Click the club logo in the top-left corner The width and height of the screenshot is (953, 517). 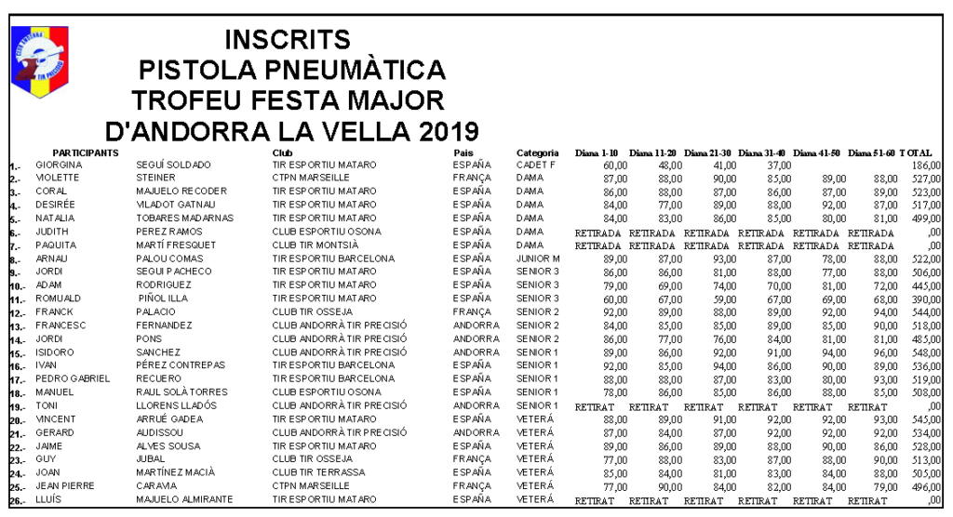[39, 61]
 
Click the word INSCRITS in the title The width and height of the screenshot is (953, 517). [288, 39]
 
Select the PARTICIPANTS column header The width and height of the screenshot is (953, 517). [85, 152]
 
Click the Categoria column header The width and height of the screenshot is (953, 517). [538, 152]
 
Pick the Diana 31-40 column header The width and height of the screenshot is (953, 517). [763, 152]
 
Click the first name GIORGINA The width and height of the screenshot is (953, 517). [59, 165]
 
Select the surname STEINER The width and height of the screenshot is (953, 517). [155, 178]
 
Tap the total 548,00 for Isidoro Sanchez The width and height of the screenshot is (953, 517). [925, 352]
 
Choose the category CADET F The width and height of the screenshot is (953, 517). [536, 165]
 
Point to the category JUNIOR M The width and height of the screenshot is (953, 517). [538, 258]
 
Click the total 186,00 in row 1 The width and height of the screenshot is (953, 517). [925, 165]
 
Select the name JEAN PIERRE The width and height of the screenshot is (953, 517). [65, 486]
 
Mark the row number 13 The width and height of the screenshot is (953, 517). [16, 326]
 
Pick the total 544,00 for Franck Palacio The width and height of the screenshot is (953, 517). [925, 312]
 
